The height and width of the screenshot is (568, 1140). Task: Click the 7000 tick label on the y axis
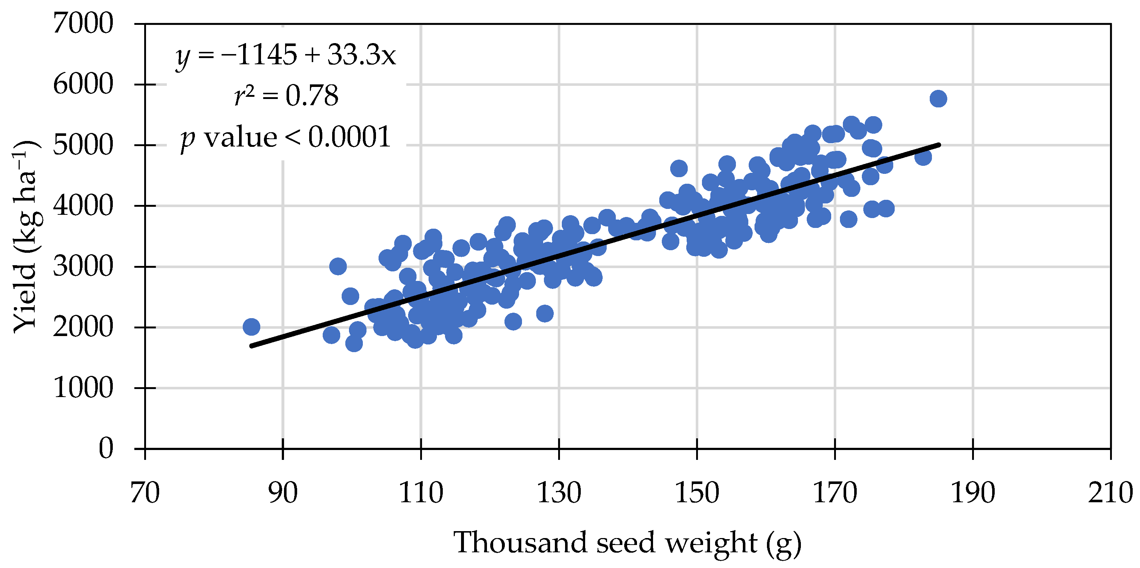(83, 23)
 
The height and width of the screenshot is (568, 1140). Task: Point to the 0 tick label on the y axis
(106, 449)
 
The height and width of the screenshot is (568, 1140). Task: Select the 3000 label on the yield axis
(83, 267)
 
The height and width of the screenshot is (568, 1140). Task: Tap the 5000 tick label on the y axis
(83, 145)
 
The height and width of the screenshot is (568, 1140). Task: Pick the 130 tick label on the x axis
(559, 493)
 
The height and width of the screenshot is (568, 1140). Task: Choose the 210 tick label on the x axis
(1110, 493)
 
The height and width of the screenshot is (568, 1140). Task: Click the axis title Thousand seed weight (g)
(627, 543)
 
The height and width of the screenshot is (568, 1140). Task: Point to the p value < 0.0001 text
(285, 137)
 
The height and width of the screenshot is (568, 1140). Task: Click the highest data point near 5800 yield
(938, 99)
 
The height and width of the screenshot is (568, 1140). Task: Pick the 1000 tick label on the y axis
(83, 388)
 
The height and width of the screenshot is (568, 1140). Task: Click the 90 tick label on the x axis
(283, 493)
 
